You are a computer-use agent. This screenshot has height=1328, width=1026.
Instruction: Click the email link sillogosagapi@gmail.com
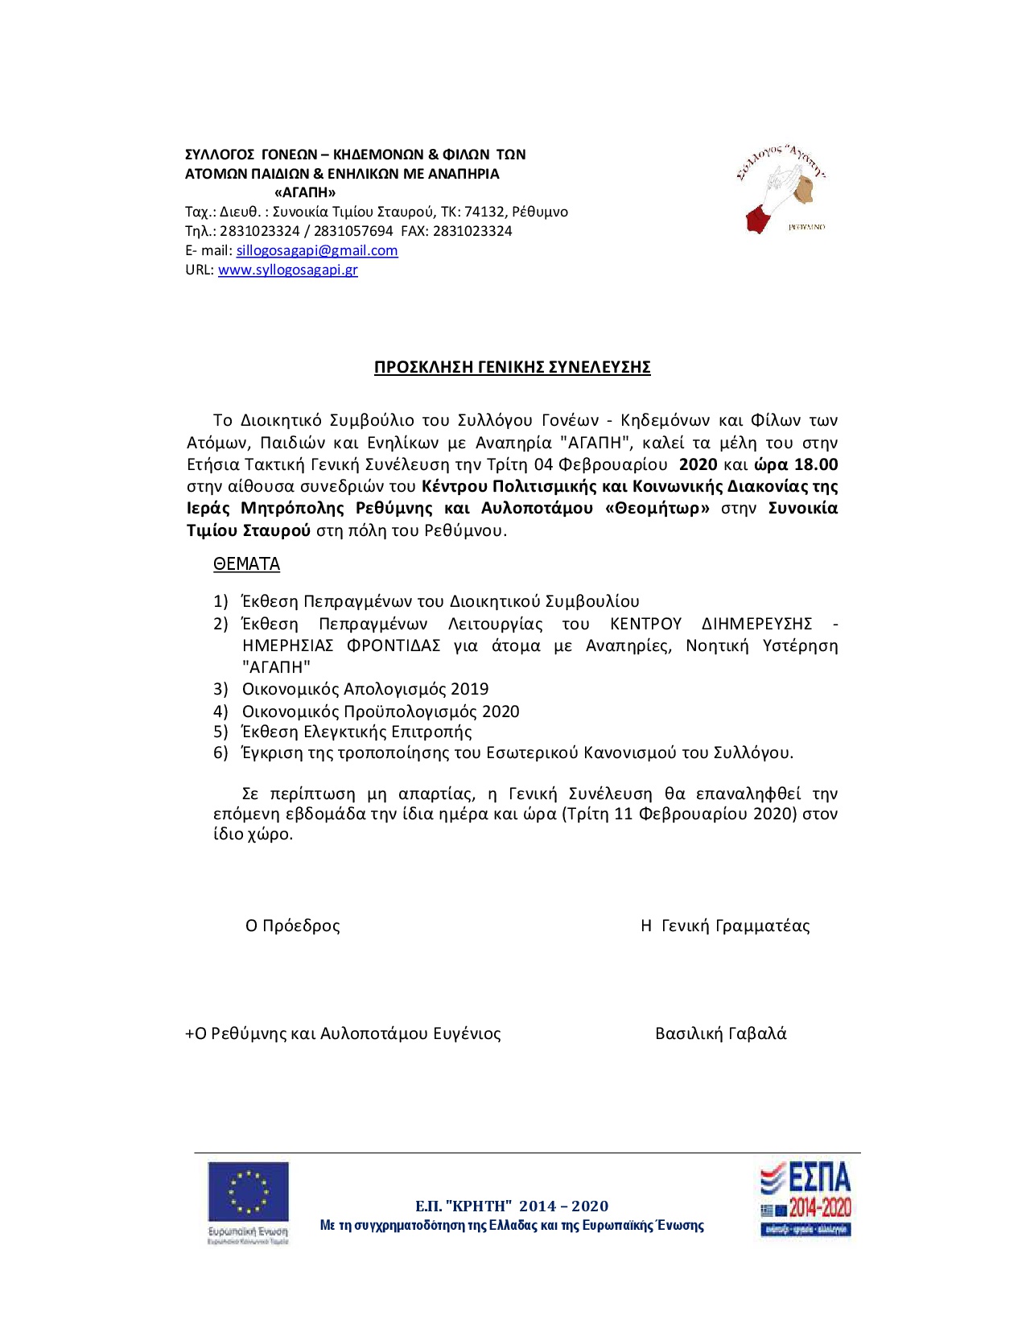[316, 250]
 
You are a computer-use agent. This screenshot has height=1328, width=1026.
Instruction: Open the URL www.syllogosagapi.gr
[287, 270]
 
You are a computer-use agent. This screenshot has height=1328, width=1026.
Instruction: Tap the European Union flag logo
[248, 1192]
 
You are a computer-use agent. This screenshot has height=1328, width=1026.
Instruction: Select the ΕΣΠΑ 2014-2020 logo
[806, 1198]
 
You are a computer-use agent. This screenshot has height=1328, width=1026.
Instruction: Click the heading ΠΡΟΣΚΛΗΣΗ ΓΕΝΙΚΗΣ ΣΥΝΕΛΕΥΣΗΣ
[512, 368]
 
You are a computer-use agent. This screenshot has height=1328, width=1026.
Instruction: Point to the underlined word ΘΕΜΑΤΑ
[246, 564]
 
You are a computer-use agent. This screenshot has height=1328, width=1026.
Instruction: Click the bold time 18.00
[816, 464]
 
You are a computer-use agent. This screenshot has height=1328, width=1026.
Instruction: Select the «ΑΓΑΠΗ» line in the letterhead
[305, 192]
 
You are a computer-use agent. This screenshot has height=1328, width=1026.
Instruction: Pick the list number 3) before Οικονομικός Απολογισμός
[221, 689]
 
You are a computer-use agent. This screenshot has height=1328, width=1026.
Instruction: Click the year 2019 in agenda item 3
[470, 689]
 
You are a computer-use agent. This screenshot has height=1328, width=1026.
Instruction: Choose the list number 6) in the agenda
[221, 753]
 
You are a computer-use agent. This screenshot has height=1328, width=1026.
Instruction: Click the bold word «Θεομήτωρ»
[657, 509]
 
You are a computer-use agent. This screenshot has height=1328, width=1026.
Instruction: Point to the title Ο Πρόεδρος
[293, 926]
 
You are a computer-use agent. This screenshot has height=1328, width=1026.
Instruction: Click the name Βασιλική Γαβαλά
[721, 1034]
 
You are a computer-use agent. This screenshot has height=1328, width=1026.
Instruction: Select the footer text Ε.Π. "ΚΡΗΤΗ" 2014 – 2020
[512, 1206]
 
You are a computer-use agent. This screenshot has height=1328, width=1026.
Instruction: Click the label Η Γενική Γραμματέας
[725, 926]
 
